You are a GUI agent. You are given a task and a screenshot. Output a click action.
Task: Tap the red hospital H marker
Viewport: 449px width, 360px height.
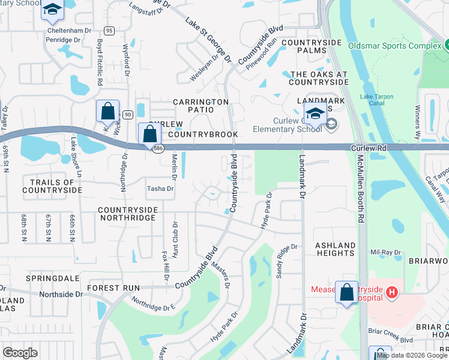pyautogui.click(x=391, y=292)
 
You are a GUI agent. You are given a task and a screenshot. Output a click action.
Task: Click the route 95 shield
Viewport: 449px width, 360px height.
pyautogui.click(x=109, y=31)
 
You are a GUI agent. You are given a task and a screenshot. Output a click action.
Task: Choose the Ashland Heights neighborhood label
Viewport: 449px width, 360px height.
pyautogui.click(x=335, y=249)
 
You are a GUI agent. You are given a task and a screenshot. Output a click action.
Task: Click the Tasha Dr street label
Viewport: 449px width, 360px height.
pyautogui.click(x=160, y=188)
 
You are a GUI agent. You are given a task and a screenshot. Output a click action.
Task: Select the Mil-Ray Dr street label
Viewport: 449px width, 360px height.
pyautogui.click(x=385, y=253)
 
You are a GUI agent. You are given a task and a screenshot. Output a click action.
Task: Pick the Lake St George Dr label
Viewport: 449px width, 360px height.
pyautogui.click(x=208, y=40)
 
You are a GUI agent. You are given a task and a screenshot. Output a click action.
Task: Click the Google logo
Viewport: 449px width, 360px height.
pyautogui.click(x=20, y=353)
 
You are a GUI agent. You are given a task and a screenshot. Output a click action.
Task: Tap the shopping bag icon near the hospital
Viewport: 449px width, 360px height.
pyautogui.click(x=347, y=293)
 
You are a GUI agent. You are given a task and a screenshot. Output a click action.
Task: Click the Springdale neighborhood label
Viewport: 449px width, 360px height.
pyautogui.click(x=53, y=279)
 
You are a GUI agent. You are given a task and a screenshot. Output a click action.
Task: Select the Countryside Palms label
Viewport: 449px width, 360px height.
pyautogui.click(x=311, y=47)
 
